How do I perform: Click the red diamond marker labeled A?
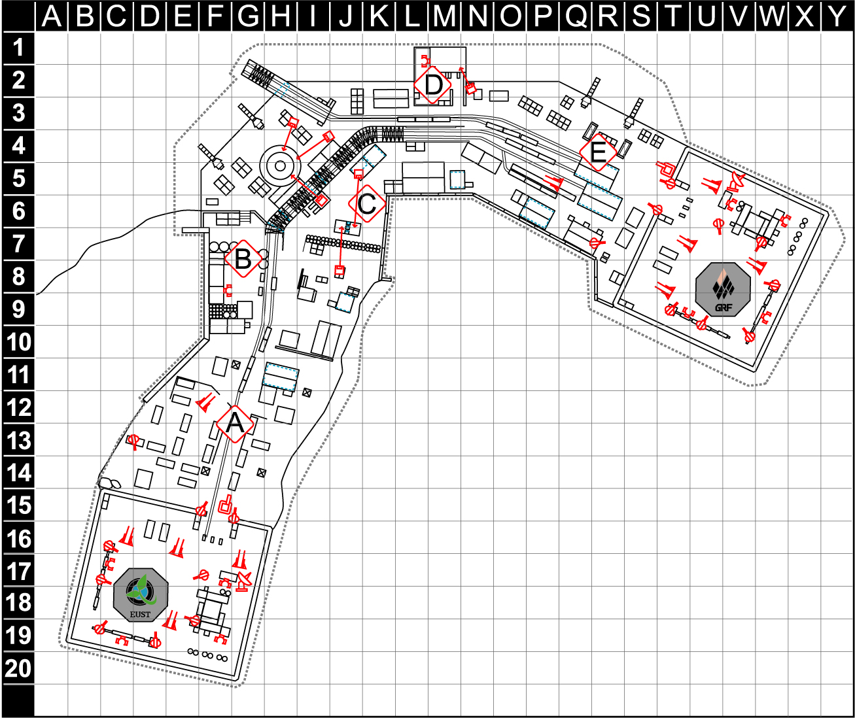[x=235, y=424]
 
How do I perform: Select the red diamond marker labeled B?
[x=243, y=259]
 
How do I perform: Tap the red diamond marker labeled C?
[x=367, y=203]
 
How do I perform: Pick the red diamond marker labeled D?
[x=433, y=85]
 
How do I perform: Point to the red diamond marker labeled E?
[x=599, y=152]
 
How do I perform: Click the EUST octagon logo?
[x=141, y=595]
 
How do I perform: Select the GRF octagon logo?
[x=723, y=290]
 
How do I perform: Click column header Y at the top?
[x=837, y=16]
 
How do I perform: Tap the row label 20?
[x=18, y=668]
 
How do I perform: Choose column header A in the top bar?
[x=51, y=16]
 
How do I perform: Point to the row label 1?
[x=18, y=48]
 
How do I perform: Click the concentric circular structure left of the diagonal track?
[x=280, y=166]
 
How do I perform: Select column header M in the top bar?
[x=444, y=16]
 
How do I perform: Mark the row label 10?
[x=18, y=342]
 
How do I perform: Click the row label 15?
[x=18, y=505]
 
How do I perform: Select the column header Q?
[x=575, y=16]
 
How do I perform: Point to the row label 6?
[x=18, y=211]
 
